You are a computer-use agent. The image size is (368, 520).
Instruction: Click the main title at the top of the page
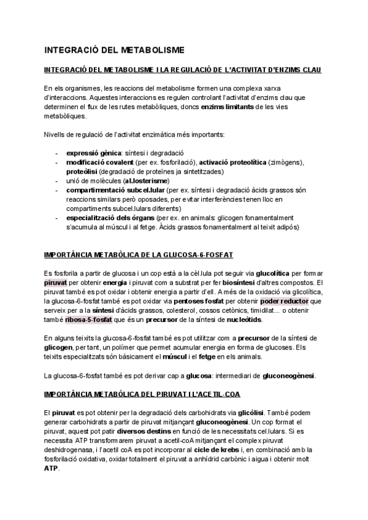tap(114, 49)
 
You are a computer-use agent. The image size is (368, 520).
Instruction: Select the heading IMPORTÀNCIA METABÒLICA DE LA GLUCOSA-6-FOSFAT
tap(139, 254)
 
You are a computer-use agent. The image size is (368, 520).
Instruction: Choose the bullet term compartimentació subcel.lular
tap(114, 190)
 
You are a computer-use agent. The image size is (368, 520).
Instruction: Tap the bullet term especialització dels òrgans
tap(110, 218)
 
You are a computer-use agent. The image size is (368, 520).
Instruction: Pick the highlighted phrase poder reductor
tap(285, 301)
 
